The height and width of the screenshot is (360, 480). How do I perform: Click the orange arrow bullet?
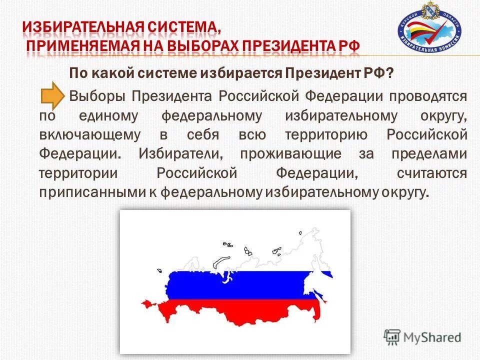52,96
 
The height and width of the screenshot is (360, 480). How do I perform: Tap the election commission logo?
429,31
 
